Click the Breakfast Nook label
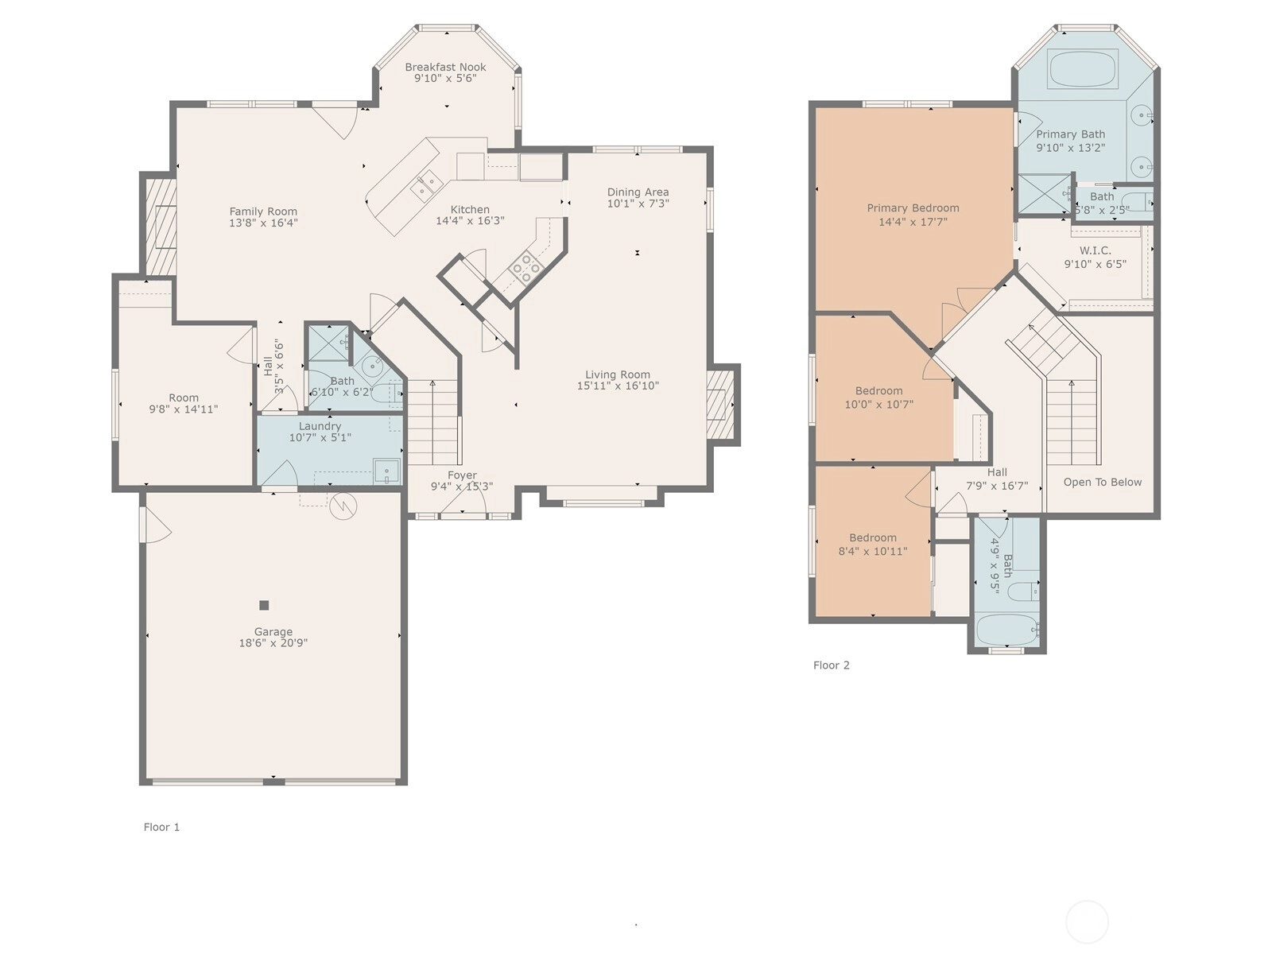coord(445,68)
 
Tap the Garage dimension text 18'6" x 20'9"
coord(273,643)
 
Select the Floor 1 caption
coord(161,827)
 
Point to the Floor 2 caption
coord(831,665)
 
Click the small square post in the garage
coord(264,605)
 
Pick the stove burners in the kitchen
coord(525,268)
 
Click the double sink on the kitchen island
coord(427,184)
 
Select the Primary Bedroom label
coord(913,208)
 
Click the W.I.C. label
coord(1095,250)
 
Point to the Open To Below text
coord(1102,482)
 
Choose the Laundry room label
coord(320,426)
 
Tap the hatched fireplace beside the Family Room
coord(161,226)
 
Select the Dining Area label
coord(638,192)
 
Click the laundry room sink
coord(386,471)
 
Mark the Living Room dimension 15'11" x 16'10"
coord(618,386)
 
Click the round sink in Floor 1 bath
coord(371,366)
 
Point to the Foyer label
coord(462,475)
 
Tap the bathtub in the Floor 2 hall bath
coord(1007,630)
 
